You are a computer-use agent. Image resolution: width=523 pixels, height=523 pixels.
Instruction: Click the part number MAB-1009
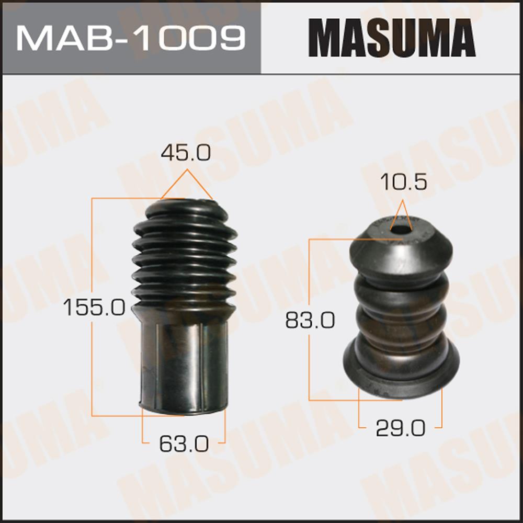pyautogui.click(x=131, y=38)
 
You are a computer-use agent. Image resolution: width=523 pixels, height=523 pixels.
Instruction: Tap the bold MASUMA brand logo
pyautogui.click(x=392, y=38)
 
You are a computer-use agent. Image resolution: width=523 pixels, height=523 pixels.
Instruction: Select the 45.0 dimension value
pyautogui.click(x=186, y=153)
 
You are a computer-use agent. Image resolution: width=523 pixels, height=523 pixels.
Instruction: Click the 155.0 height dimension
pyautogui.click(x=94, y=307)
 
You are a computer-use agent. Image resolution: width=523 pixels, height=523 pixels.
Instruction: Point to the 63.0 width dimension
pyautogui.click(x=184, y=444)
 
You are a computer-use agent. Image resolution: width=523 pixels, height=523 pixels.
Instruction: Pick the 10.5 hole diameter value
pyautogui.click(x=403, y=182)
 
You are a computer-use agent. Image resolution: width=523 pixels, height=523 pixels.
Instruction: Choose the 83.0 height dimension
pyautogui.click(x=310, y=320)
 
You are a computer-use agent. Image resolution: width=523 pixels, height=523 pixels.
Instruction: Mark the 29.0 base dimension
pyautogui.click(x=400, y=428)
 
